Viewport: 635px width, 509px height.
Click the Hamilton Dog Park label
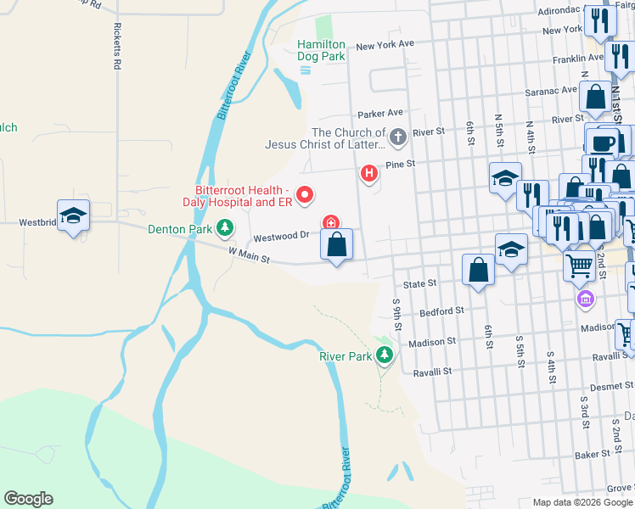321,50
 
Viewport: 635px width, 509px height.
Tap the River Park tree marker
385,356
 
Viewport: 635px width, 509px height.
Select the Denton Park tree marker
225,228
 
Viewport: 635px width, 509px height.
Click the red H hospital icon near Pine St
369,174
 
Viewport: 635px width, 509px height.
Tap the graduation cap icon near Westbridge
74,215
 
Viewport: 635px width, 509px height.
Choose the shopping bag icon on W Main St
337,245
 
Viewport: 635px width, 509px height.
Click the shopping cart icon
580,265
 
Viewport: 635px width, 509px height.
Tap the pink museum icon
585,299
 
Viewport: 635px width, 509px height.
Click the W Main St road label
248,254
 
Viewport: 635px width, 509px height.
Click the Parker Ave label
379,113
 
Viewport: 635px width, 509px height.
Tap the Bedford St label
447,311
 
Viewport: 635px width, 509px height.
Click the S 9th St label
396,314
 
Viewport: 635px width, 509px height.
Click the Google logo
28,499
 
